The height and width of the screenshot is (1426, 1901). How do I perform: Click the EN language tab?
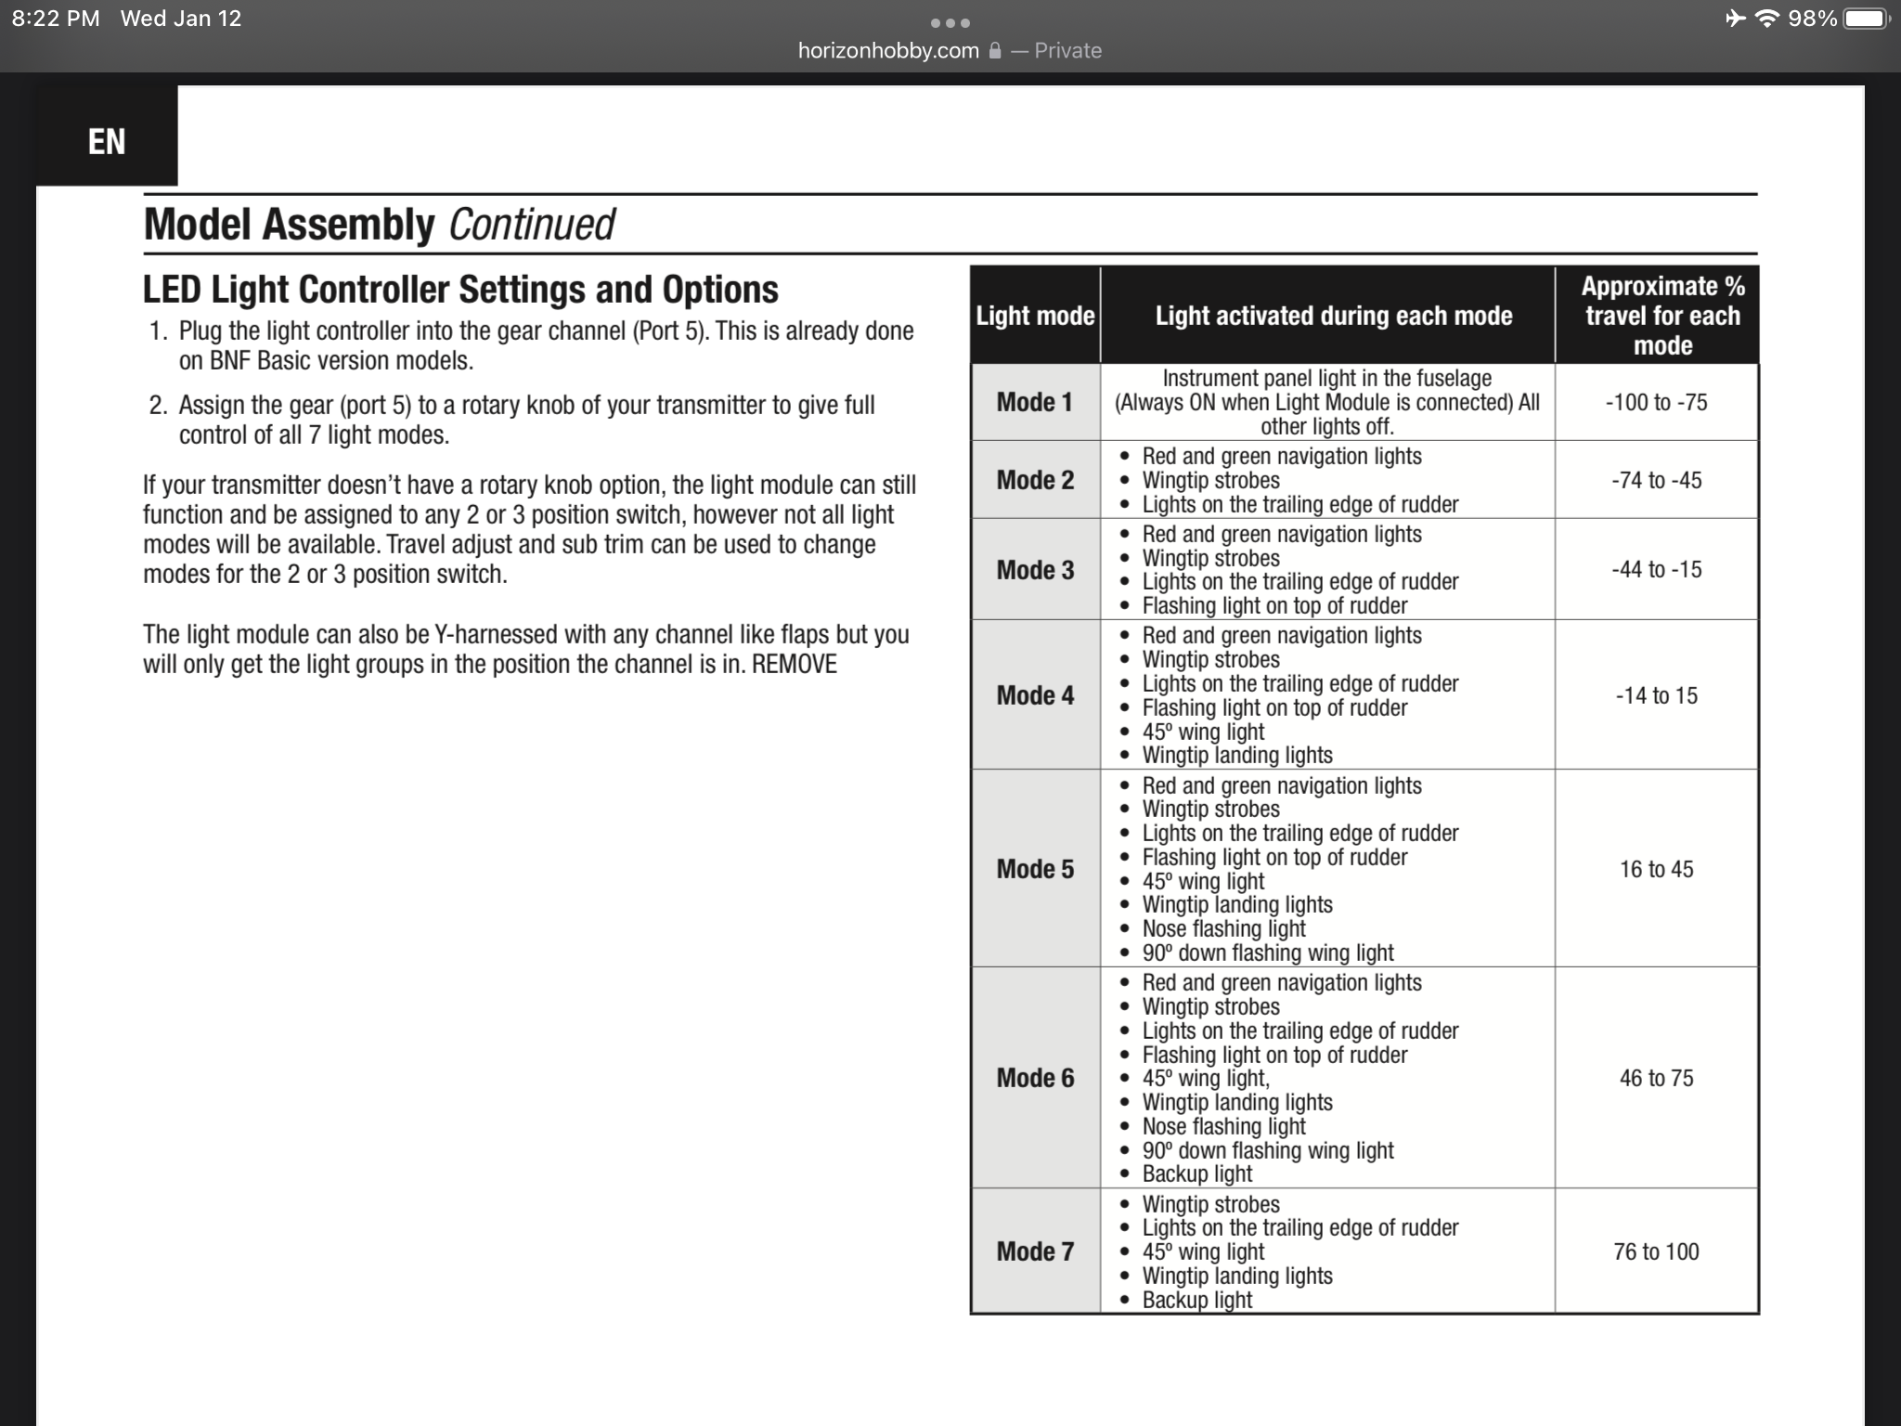pyautogui.click(x=107, y=142)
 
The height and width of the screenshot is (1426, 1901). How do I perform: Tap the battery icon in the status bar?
pyautogui.click(x=1866, y=19)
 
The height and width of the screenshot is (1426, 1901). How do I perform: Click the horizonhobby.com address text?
pyautogui.click(x=888, y=51)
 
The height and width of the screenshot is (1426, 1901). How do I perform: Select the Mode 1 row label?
pyautogui.click(x=1035, y=402)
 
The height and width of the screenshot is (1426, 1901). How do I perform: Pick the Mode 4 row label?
pyautogui.click(x=1035, y=695)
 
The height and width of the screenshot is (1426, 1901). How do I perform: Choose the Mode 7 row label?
pyautogui.click(x=1035, y=1251)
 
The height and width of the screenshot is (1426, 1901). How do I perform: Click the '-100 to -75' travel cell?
pyautogui.click(x=1656, y=402)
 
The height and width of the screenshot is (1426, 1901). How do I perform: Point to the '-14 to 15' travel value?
pyautogui.click(x=1656, y=695)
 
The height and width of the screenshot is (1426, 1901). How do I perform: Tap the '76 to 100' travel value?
pyautogui.click(x=1656, y=1251)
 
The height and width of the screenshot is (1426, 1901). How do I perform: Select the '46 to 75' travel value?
pyautogui.click(x=1656, y=1078)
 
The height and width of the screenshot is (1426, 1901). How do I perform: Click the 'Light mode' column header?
pyautogui.click(x=1035, y=316)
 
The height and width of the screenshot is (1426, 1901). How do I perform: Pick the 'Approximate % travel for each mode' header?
pyautogui.click(x=1662, y=316)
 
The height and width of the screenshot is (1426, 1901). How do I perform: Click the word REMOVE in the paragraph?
pyautogui.click(x=795, y=665)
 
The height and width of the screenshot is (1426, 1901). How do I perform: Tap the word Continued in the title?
pyautogui.click(x=531, y=225)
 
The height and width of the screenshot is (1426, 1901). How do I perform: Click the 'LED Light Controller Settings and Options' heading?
pyautogui.click(x=460, y=290)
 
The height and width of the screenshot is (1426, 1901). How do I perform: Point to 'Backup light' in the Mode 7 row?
pyautogui.click(x=1197, y=1300)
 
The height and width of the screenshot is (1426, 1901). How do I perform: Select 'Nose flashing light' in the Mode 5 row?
pyautogui.click(x=1223, y=928)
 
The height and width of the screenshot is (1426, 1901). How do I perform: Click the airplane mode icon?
pyautogui.click(x=1735, y=19)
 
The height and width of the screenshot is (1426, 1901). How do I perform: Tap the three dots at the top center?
pyautogui.click(x=950, y=23)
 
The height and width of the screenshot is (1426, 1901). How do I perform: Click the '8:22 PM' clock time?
pyautogui.click(x=56, y=19)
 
